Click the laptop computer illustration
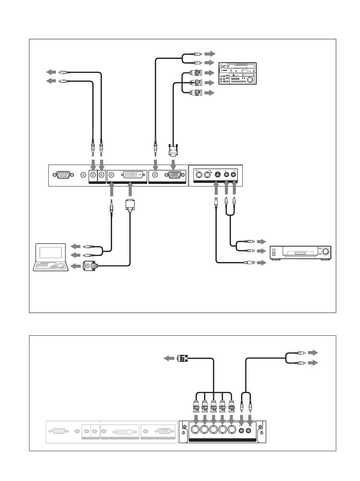[x=51, y=257]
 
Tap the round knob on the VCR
[x=325, y=251]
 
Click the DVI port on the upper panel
[x=133, y=175]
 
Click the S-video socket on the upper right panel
[x=217, y=174]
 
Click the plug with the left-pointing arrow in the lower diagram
[x=183, y=358]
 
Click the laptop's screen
[x=51, y=253]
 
